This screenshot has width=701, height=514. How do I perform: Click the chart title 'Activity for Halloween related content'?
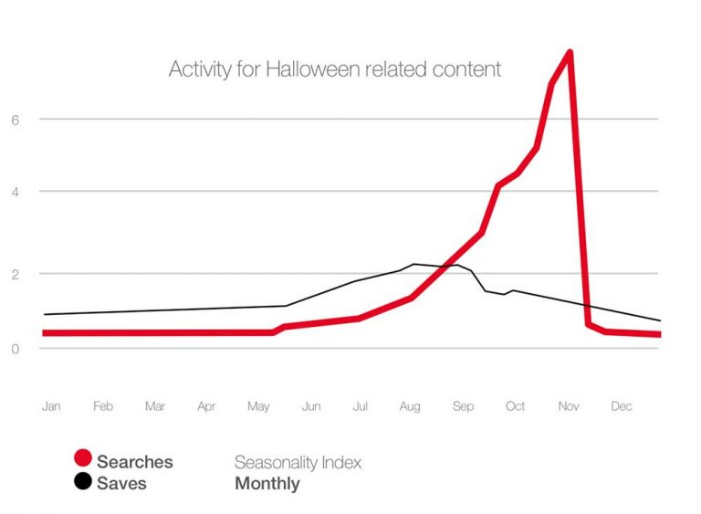coord(335,69)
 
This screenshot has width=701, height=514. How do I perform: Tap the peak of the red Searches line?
coord(570,52)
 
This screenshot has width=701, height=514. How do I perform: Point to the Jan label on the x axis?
coord(51,406)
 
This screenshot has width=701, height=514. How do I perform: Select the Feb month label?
coord(103,406)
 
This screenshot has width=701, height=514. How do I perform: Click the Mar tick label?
coord(155,406)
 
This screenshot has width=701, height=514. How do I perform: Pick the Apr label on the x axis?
coord(206,406)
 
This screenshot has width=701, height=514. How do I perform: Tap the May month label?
coord(260,407)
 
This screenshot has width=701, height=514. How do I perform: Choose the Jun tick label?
coord(311,406)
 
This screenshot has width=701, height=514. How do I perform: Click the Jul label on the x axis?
coord(361,406)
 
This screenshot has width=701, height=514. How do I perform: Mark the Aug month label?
coord(410,406)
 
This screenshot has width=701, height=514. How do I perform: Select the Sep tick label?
coord(463,406)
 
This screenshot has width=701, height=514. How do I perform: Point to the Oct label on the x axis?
coord(516,406)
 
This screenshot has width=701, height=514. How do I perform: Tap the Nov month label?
coord(569,406)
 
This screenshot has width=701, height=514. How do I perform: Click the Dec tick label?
coord(622,406)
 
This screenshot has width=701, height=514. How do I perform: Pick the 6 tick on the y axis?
coord(16,120)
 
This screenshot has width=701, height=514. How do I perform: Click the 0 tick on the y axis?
coord(16,349)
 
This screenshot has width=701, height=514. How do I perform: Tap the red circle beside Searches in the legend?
coord(83,461)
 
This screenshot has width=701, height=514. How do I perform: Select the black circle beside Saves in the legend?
coord(83,482)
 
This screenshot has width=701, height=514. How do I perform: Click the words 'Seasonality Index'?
coord(298,462)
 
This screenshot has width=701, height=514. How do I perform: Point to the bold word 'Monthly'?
coord(267,483)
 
